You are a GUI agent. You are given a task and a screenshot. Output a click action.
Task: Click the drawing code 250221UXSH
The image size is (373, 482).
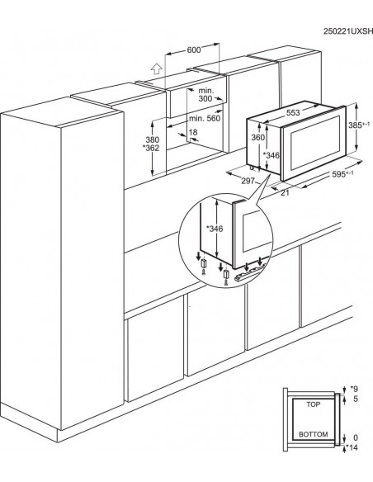(347, 31)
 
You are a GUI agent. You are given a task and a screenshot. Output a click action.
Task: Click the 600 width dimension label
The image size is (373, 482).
(194, 50)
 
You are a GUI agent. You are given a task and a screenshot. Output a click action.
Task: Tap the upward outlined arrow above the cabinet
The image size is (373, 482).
(157, 69)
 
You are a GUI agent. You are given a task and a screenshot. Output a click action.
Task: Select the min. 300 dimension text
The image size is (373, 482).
(205, 95)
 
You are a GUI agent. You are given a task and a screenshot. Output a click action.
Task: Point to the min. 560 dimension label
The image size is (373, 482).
(205, 118)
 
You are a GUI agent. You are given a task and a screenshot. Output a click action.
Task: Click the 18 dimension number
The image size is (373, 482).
(192, 133)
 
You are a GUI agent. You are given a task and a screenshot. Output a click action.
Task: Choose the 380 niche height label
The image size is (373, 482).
(152, 140)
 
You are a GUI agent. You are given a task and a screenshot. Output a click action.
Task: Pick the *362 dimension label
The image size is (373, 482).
(151, 149)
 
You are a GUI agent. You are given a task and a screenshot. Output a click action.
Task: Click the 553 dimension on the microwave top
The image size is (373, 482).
(293, 112)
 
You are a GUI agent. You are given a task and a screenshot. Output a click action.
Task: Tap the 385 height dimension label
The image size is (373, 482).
(359, 125)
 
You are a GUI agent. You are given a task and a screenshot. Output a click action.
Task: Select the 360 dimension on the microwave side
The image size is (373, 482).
(257, 137)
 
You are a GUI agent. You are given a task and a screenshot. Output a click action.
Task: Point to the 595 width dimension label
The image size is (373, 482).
(343, 174)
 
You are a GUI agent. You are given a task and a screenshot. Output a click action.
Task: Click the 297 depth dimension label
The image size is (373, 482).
(248, 181)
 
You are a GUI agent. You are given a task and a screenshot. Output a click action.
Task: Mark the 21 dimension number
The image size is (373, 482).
(285, 193)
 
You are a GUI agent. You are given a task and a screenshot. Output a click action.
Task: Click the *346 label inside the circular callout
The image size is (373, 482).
(215, 229)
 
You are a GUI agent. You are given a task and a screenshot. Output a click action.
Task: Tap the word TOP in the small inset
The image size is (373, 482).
(313, 404)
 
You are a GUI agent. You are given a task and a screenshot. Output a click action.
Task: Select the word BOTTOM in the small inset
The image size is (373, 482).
(313, 434)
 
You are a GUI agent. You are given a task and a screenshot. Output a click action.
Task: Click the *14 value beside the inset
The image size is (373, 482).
(352, 447)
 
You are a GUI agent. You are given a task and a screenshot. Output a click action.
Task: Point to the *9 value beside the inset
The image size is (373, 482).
(354, 389)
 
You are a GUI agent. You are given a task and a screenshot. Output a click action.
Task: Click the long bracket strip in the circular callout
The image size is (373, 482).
(249, 273)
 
